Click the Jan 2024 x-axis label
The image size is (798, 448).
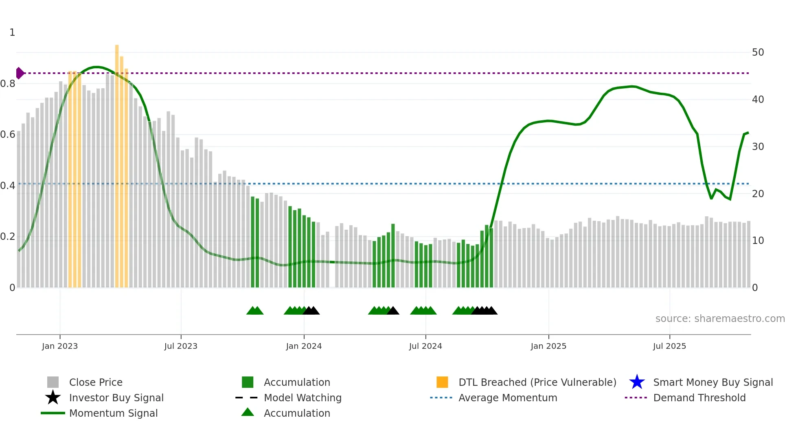(x=304, y=346)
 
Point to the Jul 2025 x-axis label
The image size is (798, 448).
(x=669, y=346)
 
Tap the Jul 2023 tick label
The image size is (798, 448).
(x=181, y=346)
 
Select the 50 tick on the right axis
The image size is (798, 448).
(x=758, y=52)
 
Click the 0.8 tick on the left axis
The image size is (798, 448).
(x=8, y=84)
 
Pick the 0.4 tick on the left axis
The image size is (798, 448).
(x=8, y=186)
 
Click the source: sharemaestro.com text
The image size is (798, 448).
(x=720, y=319)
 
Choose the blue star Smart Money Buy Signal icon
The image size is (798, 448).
(x=637, y=382)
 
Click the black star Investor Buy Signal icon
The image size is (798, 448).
(x=53, y=398)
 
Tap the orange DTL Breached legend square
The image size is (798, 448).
(x=442, y=382)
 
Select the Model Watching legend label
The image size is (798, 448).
(x=303, y=398)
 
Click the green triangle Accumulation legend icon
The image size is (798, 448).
(x=248, y=412)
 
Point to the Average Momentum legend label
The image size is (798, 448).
(x=508, y=398)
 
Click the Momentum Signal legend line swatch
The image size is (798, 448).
(x=53, y=413)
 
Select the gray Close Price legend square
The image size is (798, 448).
(x=53, y=382)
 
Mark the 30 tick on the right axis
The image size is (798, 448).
(x=758, y=146)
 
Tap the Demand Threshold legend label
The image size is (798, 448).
(x=699, y=398)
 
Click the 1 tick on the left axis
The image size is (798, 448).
(x=12, y=33)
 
